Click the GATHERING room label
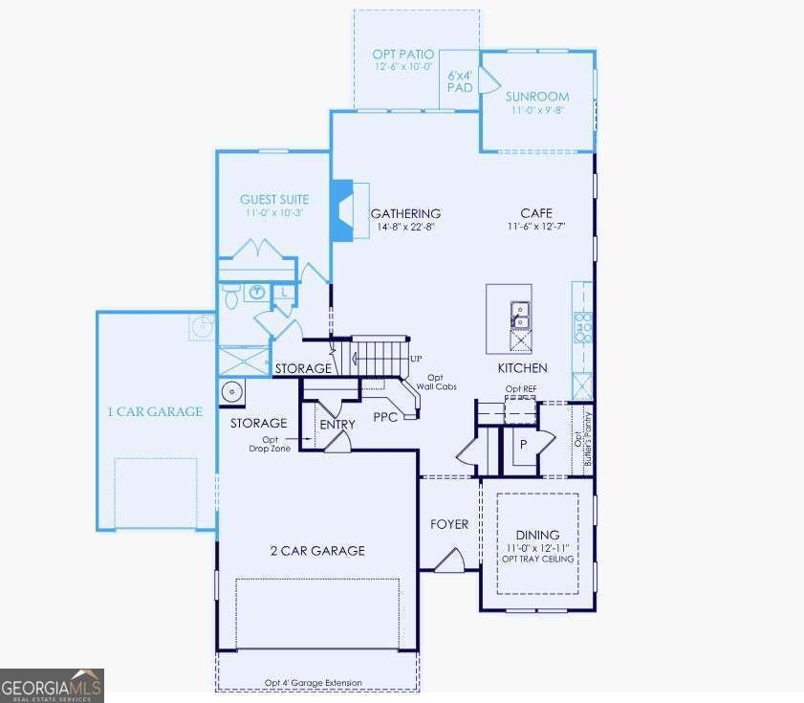tap(405, 213)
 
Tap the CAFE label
tap(536, 213)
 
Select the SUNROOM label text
tap(536, 97)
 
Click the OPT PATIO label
tap(402, 55)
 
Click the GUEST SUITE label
tap(274, 200)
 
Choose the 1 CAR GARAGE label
tap(154, 412)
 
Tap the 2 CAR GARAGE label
tap(316, 550)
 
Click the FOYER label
tap(449, 524)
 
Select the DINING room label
tap(537, 535)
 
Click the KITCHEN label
tap(522, 368)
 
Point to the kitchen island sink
tap(520, 311)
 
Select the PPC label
tap(385, 417)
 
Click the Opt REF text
tap(521, 389)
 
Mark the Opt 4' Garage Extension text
tap(314, 683)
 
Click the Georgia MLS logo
tap(52, 686)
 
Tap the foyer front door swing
tap(450, 561)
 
